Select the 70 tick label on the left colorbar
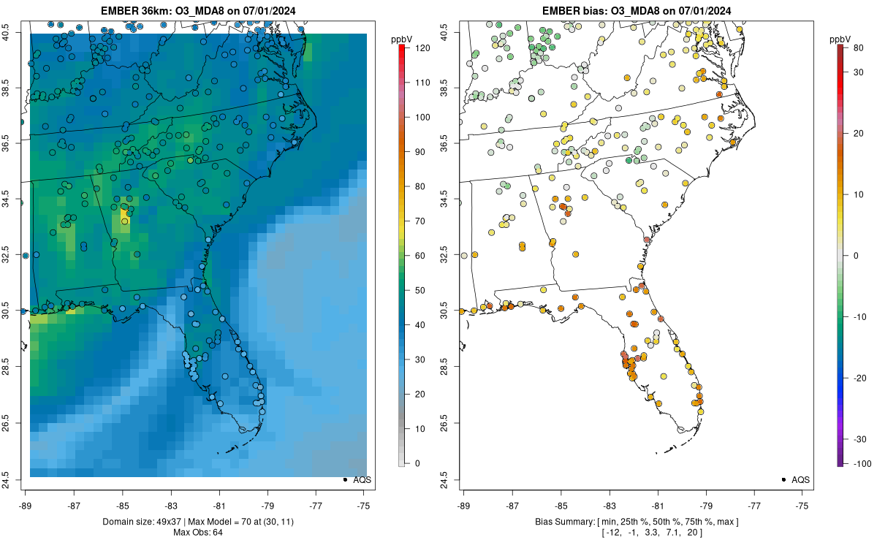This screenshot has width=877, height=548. [419, 221]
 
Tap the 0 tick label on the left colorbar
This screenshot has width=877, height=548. [417, 463]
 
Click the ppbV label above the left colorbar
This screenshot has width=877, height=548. [402, 40]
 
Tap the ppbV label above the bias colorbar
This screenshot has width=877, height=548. [840, 40]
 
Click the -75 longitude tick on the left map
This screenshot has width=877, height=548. [364, 506]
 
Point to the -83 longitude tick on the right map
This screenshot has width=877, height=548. [610, 506]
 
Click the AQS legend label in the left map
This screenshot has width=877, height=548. [362, 480]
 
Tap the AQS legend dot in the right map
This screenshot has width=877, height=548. [783, 479]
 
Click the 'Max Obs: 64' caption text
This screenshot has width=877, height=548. [198, 533]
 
